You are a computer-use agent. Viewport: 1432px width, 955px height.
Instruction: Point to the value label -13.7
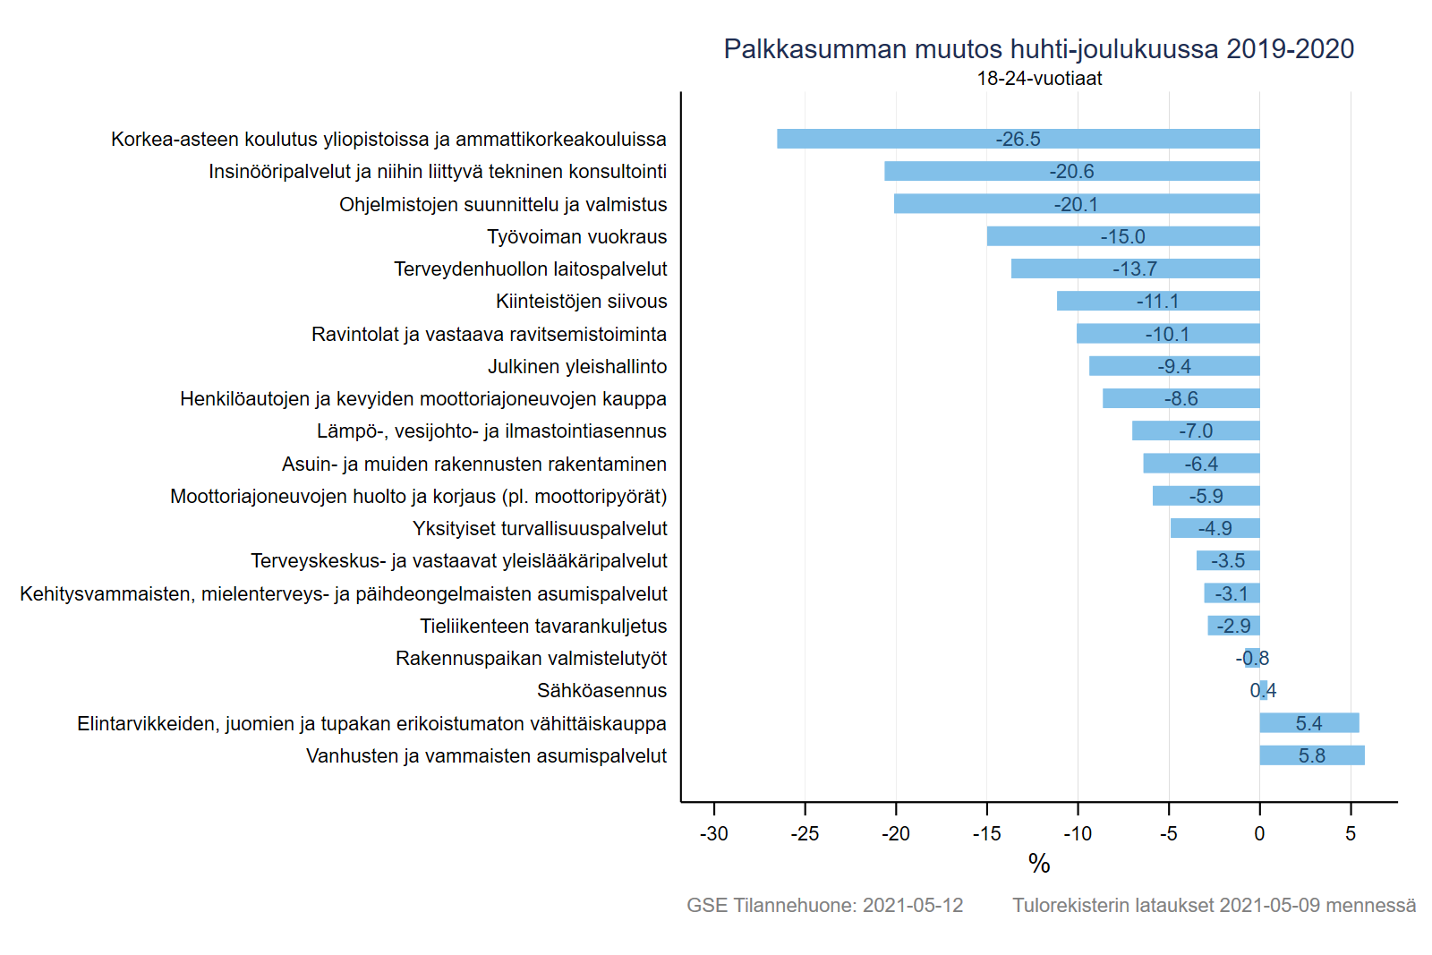(1135, 269)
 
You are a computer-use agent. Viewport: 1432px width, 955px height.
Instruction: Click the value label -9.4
(1174, 366)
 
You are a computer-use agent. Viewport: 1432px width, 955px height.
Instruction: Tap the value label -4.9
(1215, 528)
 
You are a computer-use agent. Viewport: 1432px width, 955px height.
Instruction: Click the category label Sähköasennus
(601, 690)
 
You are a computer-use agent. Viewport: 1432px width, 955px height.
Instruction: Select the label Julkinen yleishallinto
(577, 366)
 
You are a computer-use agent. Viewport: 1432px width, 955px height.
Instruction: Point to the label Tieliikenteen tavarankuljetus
(543, 626)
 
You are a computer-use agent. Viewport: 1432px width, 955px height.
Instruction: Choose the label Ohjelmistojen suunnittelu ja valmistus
(503, 204)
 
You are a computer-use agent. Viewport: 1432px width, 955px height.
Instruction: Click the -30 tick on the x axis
(713, 833)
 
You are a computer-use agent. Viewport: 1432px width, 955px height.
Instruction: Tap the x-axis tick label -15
(986, 833)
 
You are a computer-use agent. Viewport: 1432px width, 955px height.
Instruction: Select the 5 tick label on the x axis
(1351, 833)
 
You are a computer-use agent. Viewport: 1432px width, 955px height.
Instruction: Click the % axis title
(1039, 863)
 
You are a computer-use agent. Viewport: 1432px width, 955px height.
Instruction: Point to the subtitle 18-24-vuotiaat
(1039, 78)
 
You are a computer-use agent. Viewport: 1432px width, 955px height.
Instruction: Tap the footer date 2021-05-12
(913, 905)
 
